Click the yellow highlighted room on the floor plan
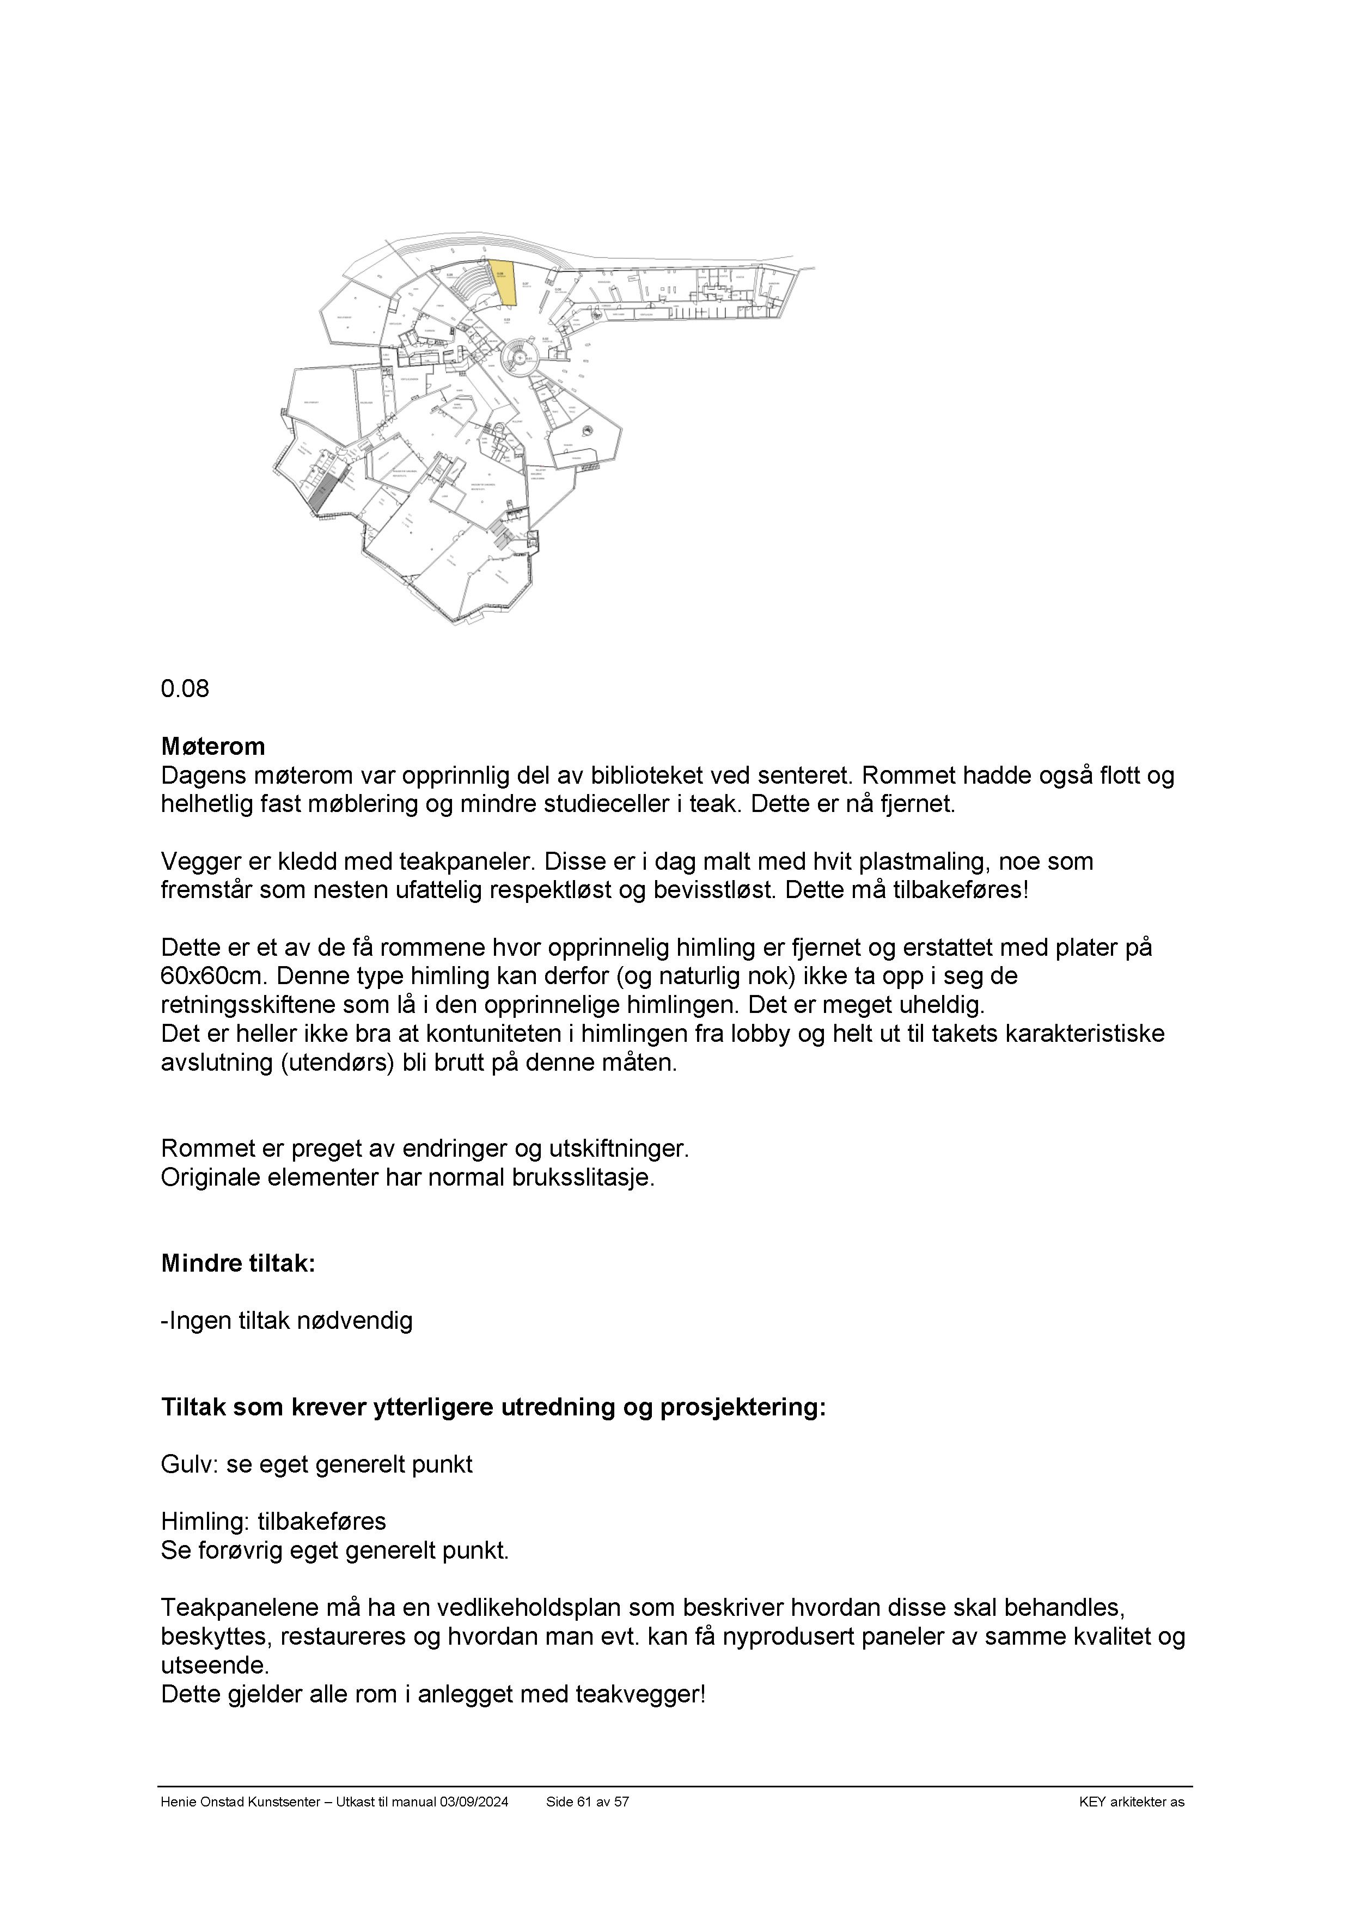[x=504, y=285]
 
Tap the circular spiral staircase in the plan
[x=521, y=358]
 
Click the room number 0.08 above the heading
[x=185, y=689]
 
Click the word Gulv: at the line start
[x=190, y=1464]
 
